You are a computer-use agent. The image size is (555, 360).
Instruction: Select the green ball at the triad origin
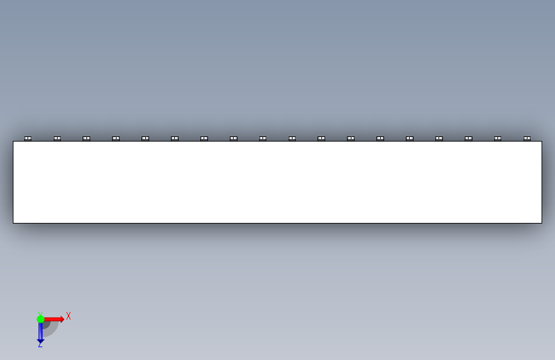point(40,318)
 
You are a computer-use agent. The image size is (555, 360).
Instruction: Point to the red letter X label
point(68,316)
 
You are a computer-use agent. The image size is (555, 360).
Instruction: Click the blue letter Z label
point(40,345)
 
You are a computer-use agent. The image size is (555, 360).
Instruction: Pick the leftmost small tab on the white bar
point(28,138)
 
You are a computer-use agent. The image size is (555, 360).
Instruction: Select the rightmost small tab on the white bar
point(527,138)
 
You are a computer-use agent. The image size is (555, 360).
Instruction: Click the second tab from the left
point(57,138)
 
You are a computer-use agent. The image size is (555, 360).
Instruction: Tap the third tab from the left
point(86,138)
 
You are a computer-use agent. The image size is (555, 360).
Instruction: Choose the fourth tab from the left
point(116,138)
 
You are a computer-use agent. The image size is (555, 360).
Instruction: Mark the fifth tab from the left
point(145,138)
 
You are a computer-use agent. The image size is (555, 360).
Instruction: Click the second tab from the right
point(497,138)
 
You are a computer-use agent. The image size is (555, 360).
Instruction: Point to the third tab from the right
point(469,138)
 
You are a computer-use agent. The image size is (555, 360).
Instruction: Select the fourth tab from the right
point(439,138)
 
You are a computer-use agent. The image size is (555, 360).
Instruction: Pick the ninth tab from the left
point(262,138)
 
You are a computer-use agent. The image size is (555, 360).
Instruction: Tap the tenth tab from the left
point(292,138)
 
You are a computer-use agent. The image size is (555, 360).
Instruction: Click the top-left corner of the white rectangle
point(13,142)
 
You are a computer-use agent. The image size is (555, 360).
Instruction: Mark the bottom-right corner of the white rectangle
point(542,223)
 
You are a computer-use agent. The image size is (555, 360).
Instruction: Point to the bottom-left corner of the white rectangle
point(13,223)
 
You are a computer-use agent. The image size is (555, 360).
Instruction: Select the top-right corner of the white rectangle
point(542,142)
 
